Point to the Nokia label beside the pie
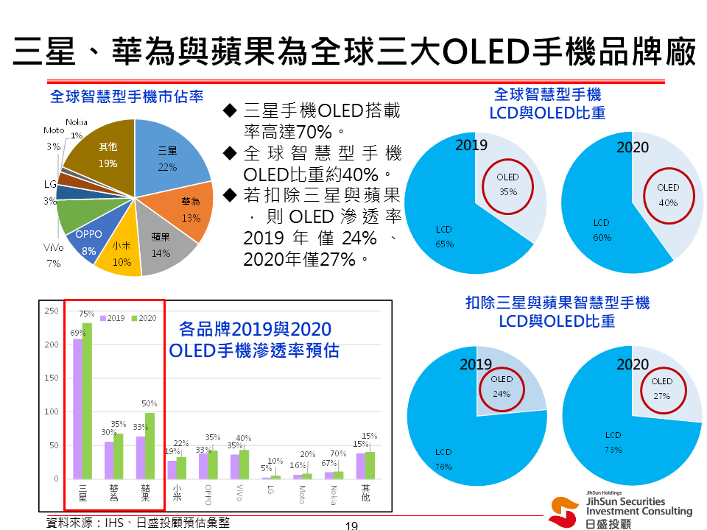pos(77,122)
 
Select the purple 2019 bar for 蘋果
pos(140,457)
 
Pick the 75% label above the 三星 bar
pos(87,314)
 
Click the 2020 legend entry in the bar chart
pos(144,318)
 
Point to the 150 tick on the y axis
pos(52,378)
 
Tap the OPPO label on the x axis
pos(208,494)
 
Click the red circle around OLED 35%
pos(507,185)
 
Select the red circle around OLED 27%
pos(662,388)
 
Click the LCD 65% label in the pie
pos(443,236)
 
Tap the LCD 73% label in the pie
pos(613,442)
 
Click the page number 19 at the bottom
pos(351,525)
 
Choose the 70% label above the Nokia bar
pos(338,453)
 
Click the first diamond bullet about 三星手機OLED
pos(229,111)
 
